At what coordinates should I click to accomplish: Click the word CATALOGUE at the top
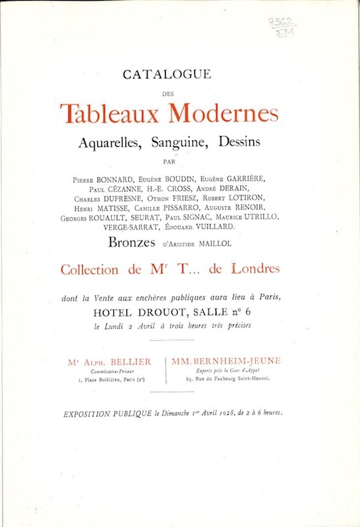[x=179, y=76]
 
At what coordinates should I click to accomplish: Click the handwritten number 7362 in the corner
[x=285, y=22]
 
